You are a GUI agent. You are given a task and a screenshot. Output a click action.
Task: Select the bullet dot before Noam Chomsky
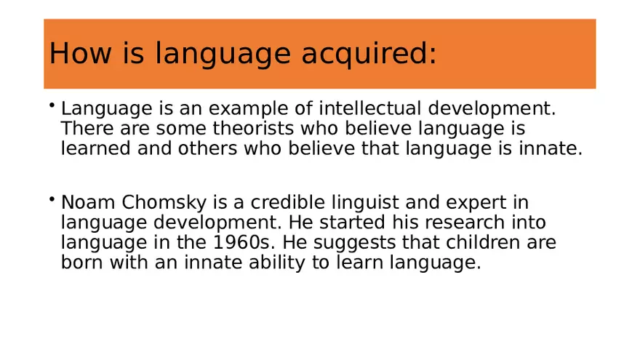[x=52, y=199]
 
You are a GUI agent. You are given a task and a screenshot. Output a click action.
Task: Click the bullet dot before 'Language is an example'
[x=52, y=105]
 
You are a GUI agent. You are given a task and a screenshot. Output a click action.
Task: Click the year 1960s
[x=241, y=242]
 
